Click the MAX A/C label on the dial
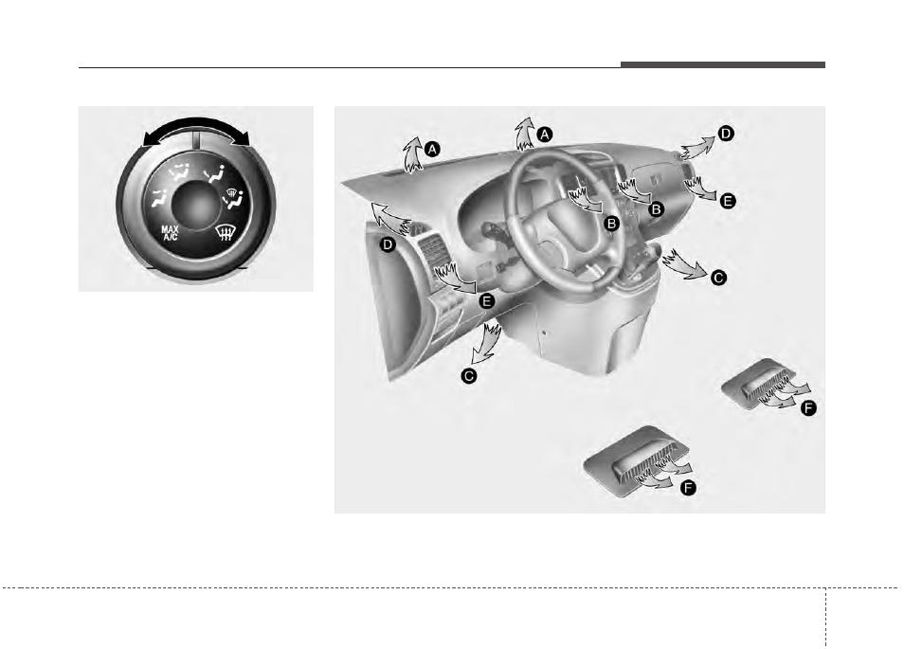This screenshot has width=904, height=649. [170, 233]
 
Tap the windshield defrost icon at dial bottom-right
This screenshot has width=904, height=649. [225, 233]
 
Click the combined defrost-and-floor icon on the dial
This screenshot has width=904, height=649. [233, 198]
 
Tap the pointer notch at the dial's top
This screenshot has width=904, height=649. [196, 141]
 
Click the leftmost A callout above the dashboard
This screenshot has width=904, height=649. [432, 150]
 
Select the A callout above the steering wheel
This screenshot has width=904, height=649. [544, 135]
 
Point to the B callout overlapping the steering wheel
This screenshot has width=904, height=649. [611, 223]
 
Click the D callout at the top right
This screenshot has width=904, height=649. [726, 134]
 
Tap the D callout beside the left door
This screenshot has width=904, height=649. [388, 245]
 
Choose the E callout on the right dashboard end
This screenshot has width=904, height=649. [728, 201]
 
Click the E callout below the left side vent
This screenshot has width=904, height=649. [487, 301]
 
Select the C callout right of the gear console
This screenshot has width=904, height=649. [718, 278]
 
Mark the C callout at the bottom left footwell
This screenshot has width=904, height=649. [469, 376]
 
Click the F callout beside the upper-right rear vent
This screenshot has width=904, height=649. [808, 408]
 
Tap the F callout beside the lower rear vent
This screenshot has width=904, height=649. [688, 488]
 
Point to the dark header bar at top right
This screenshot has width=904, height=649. [723, 64]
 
